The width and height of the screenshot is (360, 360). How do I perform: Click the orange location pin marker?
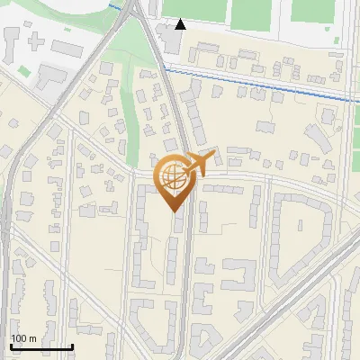(x=176, y=180)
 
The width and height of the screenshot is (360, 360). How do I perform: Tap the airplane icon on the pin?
(x=197, y=163)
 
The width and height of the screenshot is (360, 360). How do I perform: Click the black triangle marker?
(x=181, y=24)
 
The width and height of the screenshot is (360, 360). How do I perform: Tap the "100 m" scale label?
(x=23, y=338)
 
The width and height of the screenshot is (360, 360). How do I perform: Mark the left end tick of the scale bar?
(x=11, y=345)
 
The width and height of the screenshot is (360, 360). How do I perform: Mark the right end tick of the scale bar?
(x=72, y=345)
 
